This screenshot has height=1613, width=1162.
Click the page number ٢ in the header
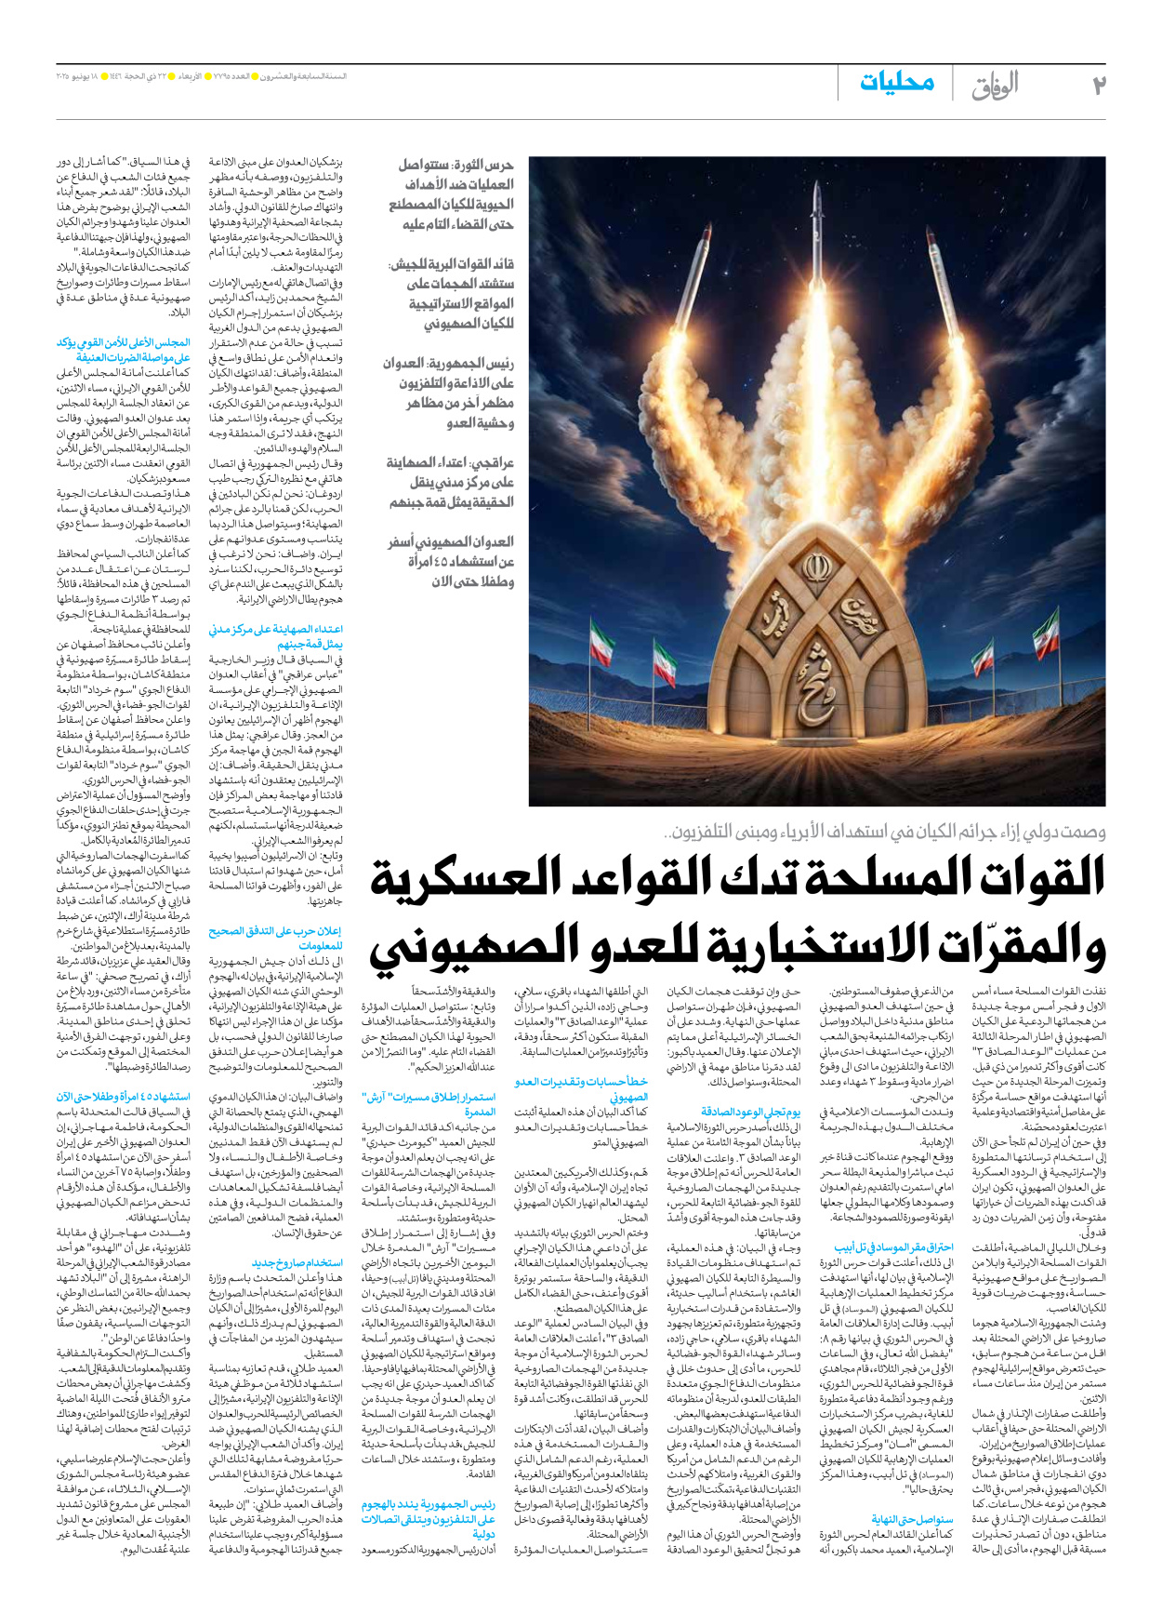(x=1098, y=86)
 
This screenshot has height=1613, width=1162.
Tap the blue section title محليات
(x=897, y=83)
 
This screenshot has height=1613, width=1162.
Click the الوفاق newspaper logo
(x=995, y=86)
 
